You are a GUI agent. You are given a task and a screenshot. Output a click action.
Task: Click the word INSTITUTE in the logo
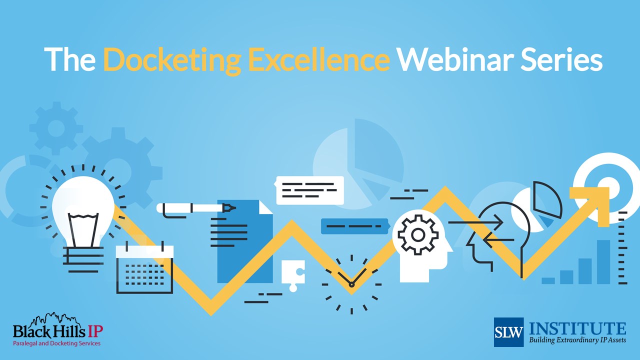(x=577, y=328)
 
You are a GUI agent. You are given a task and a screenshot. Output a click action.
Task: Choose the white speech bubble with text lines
(x=310, y=190)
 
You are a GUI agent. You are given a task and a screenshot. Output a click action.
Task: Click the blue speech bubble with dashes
(x=354, y=226)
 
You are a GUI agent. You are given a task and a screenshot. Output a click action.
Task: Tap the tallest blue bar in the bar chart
(x=603, y=262)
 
